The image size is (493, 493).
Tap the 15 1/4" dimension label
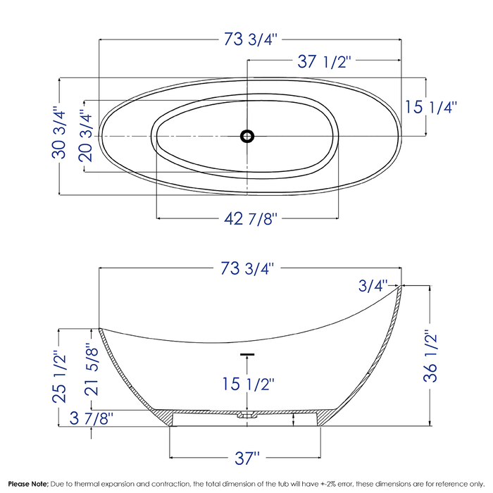pos(431,108)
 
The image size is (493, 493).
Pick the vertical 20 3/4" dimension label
pos(85,135)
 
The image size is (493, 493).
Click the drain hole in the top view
pos(247,135)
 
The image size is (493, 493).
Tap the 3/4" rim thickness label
pos(373,285)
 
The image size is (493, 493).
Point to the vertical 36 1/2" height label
pos(430,356)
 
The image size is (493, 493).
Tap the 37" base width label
pos(247,458)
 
